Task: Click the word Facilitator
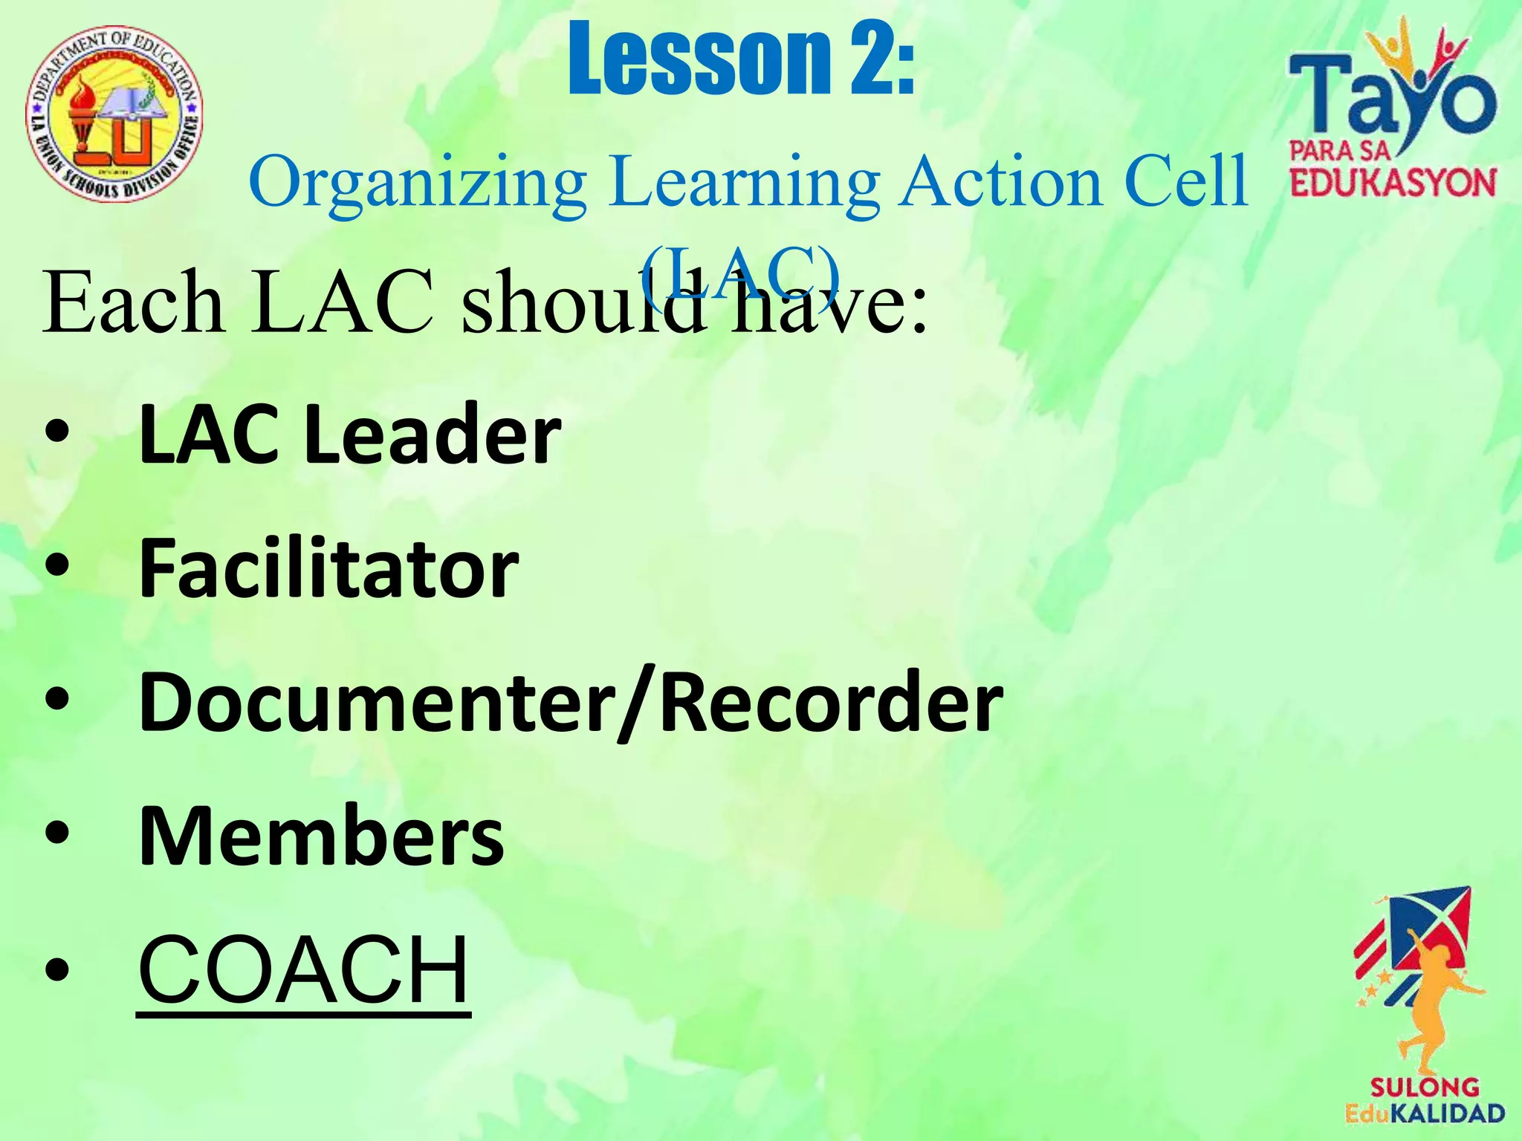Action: point(328,568)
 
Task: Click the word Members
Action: point(321,836)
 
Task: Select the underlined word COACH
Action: point(303,969)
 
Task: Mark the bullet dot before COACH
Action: point(57,969)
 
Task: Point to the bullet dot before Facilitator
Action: point(57,568)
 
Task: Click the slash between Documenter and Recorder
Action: point(638,702)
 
